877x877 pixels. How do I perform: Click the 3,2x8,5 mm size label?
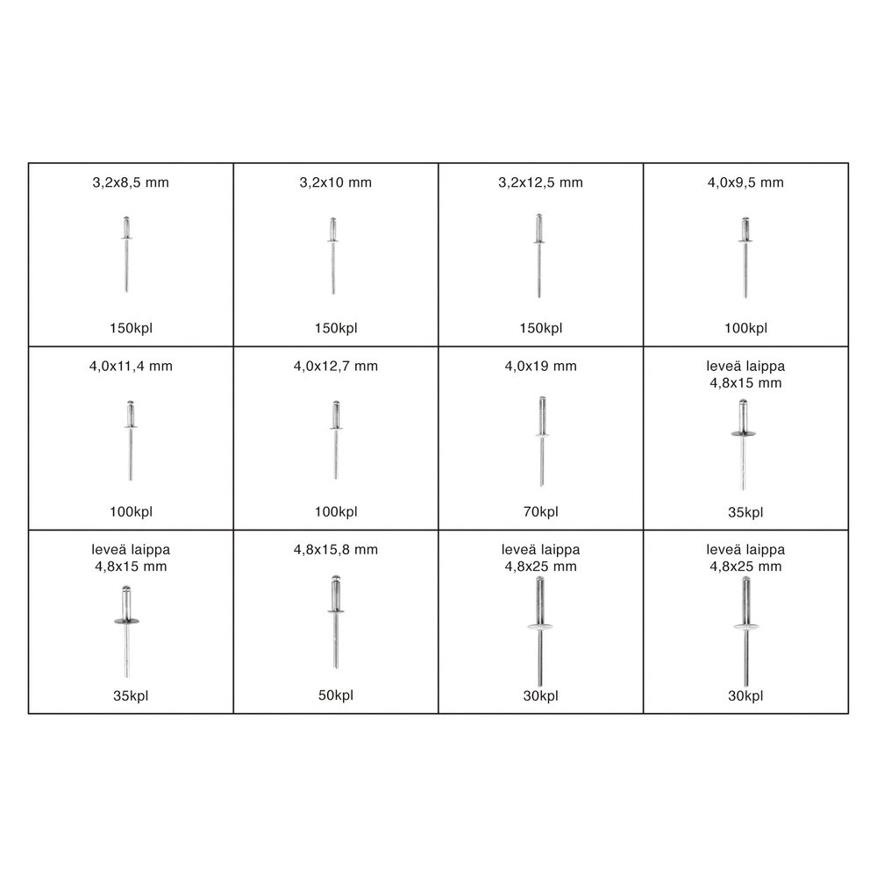(131, 182)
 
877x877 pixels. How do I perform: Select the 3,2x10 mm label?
(336, 182)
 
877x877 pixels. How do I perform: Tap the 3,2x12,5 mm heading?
(540, 182)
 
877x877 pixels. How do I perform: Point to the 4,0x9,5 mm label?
(745, 182)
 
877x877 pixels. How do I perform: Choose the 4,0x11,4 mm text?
(131, 367)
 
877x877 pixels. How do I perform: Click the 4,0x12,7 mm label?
(336, 367)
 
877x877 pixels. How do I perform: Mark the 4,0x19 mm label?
(540, 367)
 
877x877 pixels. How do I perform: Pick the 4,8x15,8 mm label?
(336, 550)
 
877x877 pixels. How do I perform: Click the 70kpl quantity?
(540, 512)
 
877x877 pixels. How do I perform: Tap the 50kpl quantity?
(336, 695)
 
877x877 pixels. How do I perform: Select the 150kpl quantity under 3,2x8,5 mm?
(131, 328)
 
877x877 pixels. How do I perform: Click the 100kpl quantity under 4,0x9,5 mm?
(745, 328)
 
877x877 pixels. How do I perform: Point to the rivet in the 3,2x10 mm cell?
(332, 255)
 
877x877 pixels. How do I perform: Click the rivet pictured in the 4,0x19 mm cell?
(541, 441)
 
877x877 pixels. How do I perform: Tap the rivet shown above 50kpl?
(336, 622)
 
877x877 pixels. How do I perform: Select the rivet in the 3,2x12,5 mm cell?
(538, 255)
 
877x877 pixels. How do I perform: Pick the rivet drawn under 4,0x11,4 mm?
(131, 440)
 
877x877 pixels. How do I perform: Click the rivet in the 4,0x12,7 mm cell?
(336, 440)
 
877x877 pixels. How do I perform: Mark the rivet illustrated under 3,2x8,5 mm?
(126, 254)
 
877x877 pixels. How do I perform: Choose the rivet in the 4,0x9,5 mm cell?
(745, 257)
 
